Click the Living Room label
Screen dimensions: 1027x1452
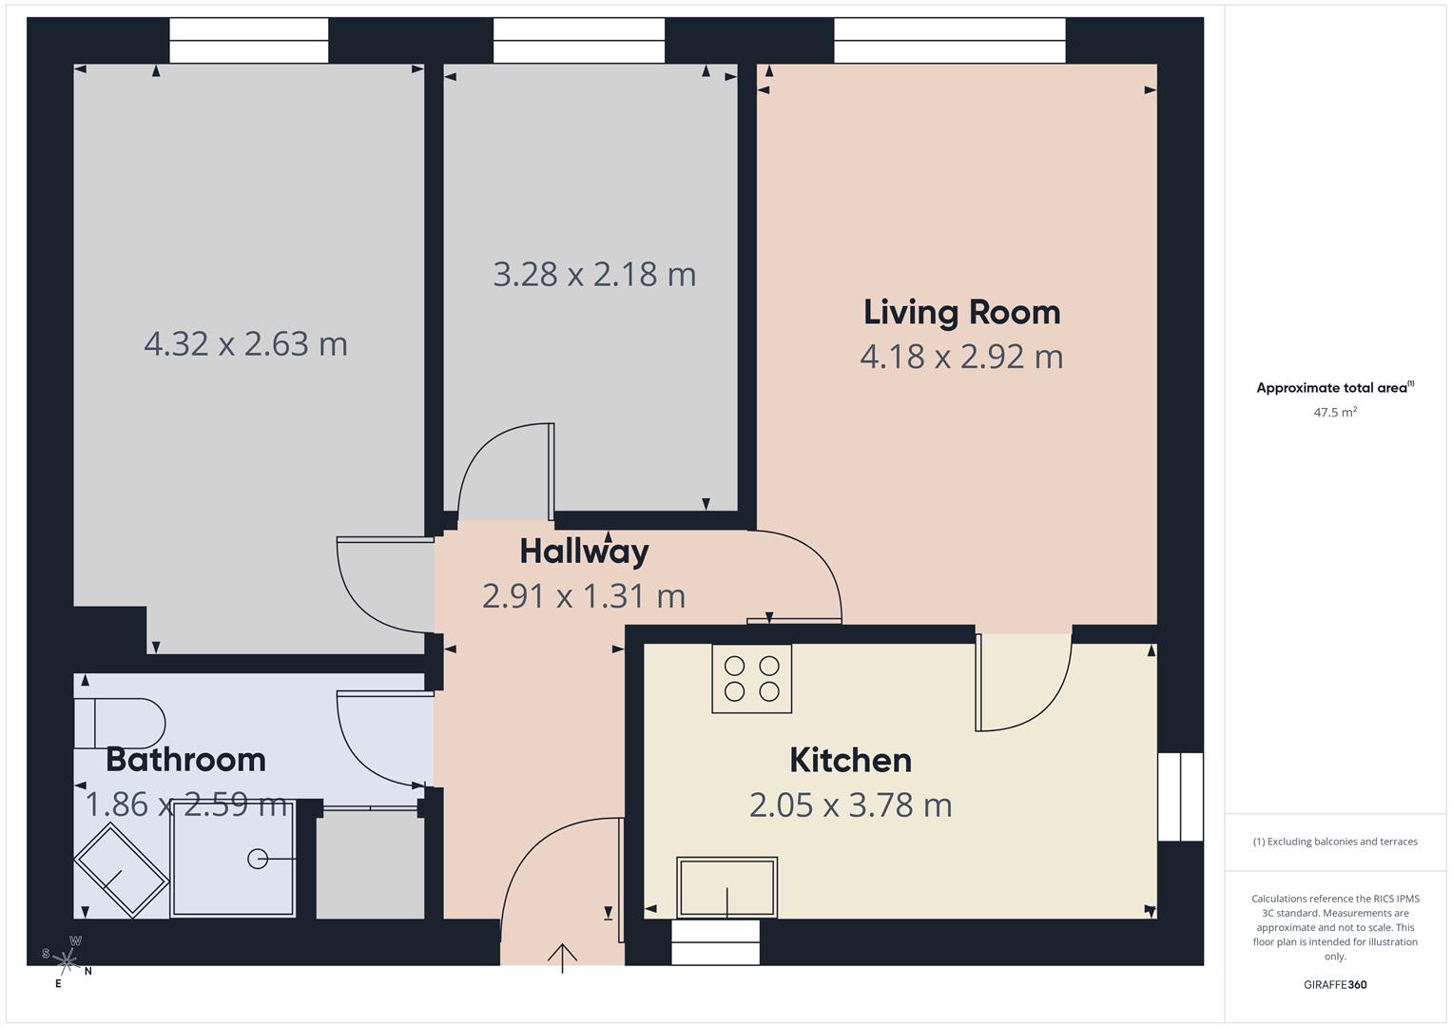(x=961, y=313)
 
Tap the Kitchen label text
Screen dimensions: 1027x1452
(x=850, y=761)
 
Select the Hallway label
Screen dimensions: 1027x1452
(x=584, y=552)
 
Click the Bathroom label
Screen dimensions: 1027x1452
(x=185, y=760)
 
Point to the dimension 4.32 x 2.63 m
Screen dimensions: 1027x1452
(x=245, y=343)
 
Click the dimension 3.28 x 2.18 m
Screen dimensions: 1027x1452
(x=594, y=275)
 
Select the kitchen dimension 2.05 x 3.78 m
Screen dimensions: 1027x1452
(x=850, y=805)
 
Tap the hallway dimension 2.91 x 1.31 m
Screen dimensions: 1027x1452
(x=584, y=596)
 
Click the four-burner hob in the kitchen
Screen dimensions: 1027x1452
(x=751, y=679)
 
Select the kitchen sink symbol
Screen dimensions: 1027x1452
(x=726, y=887)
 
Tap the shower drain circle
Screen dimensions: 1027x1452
(x=258, y=859)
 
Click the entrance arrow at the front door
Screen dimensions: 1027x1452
(x=563, y=957)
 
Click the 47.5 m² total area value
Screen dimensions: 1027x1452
(x=1335, y=413)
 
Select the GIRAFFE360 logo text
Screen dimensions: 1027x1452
(x=1335, y=984)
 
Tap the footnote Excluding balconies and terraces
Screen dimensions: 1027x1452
(x=1335, y=842)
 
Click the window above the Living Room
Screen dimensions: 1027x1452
(x=949, y=41)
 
